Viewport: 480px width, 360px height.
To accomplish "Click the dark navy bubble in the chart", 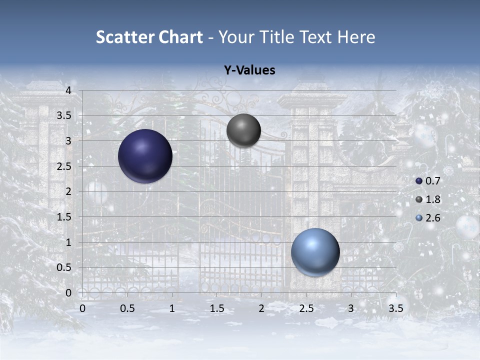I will [x=145, y=156].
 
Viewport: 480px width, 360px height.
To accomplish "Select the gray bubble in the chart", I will [x=243, y=130].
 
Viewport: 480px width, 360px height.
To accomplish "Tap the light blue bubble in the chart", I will [x=315, y=252].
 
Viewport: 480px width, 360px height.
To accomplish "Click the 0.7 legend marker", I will [x=419, y=181].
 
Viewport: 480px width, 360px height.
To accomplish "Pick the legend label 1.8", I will [x=432, y=199].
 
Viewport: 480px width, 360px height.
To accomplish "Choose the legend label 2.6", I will [x=432, y=218].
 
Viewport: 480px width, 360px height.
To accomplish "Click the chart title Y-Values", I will [x=249, y=70].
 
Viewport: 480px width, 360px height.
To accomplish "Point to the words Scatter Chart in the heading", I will [x=149, y=37].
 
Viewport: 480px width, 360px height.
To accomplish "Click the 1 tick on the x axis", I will [x=172, y=308].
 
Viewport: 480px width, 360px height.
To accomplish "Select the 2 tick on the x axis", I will [x=261, y=308].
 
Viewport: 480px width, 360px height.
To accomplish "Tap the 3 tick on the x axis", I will [x=351, y=308].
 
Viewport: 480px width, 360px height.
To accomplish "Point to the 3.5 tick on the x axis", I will [x=395, y=308].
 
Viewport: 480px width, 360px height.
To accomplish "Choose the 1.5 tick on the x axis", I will [x=216, y=308].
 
